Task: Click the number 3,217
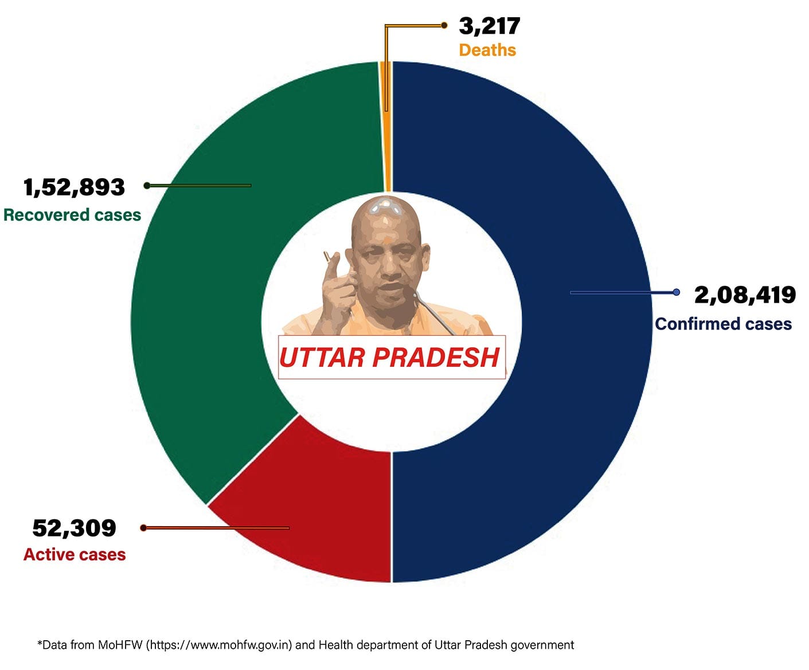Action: pos(489,26)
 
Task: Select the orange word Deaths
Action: pos(487,50)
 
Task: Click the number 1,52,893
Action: pos(74,187)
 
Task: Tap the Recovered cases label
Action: pos(72,215)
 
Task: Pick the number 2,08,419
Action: pos(745,295)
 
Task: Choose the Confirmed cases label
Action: pos(723,324)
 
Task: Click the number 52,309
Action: pos(74,528)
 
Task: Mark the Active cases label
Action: pos(75,555)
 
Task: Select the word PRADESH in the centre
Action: pos(436,358)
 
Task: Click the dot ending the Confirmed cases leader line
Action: pos(677,292)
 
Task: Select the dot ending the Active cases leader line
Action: pos(143,528)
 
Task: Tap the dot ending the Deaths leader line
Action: pos(444,25)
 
